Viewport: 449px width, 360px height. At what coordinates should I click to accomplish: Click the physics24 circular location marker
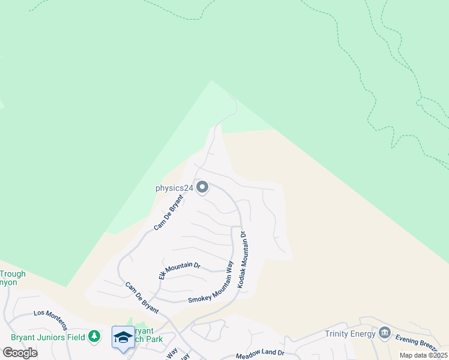202,188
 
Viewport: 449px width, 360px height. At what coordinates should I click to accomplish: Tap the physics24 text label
174,188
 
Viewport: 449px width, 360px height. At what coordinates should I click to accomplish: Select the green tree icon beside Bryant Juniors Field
94,337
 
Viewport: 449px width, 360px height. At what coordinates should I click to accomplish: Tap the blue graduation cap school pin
123,338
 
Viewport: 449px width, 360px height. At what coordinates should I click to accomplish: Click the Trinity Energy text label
349,334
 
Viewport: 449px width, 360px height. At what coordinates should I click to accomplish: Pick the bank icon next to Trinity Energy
384,334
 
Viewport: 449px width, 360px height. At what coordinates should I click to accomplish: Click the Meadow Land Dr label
259,355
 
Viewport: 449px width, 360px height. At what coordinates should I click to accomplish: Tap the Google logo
20,353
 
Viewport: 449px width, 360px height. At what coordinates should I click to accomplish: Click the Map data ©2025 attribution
423,355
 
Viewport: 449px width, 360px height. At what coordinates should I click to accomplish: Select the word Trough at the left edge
13,274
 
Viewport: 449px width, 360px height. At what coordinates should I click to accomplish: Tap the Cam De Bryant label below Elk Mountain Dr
142,298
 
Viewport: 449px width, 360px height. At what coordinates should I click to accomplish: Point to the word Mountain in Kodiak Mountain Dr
244,259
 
